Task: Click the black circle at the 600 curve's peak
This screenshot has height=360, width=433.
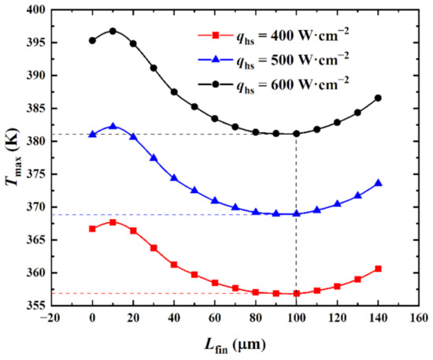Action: pos(113,31)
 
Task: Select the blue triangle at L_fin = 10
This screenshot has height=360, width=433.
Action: pos(113,126)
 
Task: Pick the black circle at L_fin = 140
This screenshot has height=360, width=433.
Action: pos(378,98)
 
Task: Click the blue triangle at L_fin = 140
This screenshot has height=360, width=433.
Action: pos(378,183)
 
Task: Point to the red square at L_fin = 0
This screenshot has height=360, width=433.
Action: pos(92,228)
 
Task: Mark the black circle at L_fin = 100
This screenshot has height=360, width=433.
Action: pos(296,133)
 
